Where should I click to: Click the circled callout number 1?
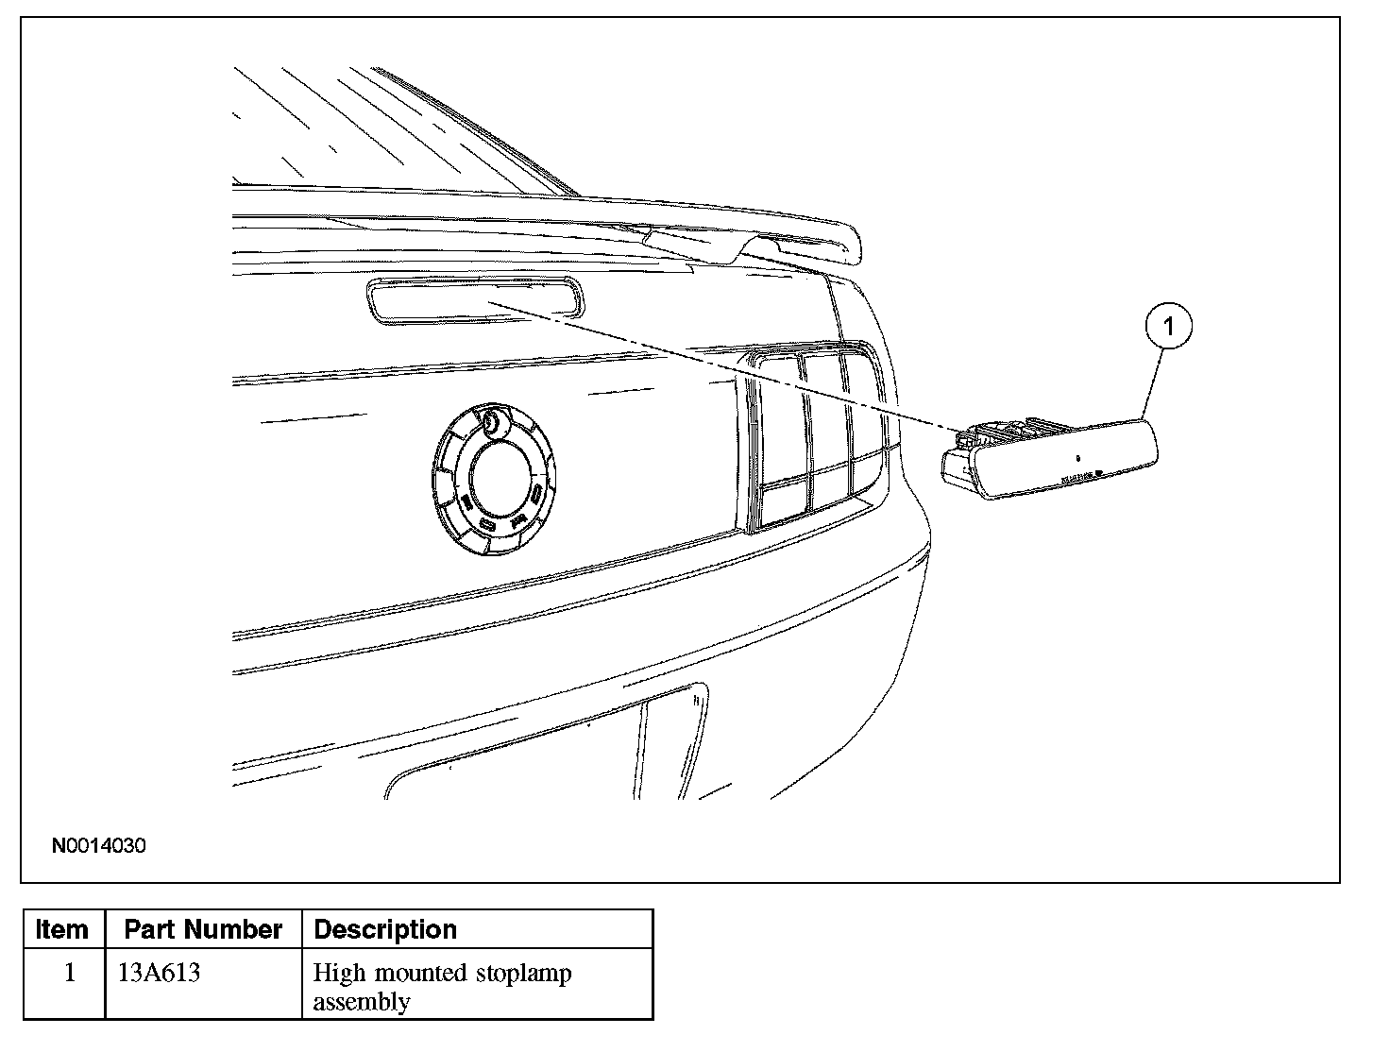tap(1169, 327)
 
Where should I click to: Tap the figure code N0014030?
tap(99, 846)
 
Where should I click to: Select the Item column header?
tap(62, 929)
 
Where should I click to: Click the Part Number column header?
tap(203, 929)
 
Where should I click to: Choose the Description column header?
tap(385, 929)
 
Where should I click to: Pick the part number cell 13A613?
tap(160, 973)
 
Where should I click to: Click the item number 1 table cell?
tap(68, 973)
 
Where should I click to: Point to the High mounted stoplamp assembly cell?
tap(442, 986)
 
